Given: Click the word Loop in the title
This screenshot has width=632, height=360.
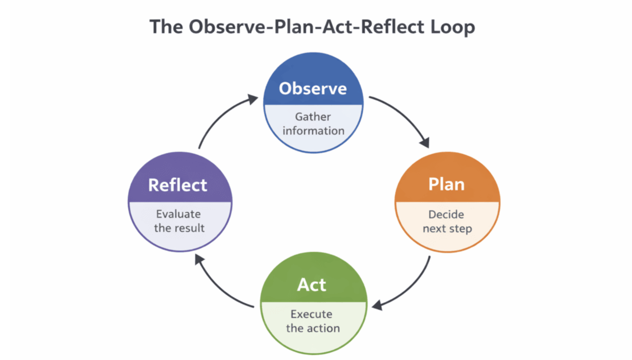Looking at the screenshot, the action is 453,27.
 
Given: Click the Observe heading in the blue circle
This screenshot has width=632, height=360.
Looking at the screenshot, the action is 313,89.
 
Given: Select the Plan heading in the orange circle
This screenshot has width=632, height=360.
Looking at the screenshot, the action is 446,184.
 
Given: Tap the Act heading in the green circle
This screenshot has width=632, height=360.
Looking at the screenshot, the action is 312,285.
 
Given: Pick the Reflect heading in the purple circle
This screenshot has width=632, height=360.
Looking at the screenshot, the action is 178,185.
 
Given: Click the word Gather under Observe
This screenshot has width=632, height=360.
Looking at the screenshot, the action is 313,117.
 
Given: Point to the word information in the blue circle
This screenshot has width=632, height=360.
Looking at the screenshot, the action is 314,131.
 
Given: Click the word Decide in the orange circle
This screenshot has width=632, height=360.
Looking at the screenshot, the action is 446,214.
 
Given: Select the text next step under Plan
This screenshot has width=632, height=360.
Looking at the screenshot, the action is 447,229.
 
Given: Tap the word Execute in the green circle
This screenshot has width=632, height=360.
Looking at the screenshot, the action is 311,314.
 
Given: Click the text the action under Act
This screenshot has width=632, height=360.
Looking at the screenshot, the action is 313,328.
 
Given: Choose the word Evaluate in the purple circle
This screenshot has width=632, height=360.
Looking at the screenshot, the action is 178,214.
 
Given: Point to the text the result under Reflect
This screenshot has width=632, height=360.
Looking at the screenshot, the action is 179,228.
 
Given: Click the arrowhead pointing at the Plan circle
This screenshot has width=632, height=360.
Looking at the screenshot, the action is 425,142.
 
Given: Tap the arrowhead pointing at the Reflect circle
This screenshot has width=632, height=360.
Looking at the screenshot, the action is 199,259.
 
